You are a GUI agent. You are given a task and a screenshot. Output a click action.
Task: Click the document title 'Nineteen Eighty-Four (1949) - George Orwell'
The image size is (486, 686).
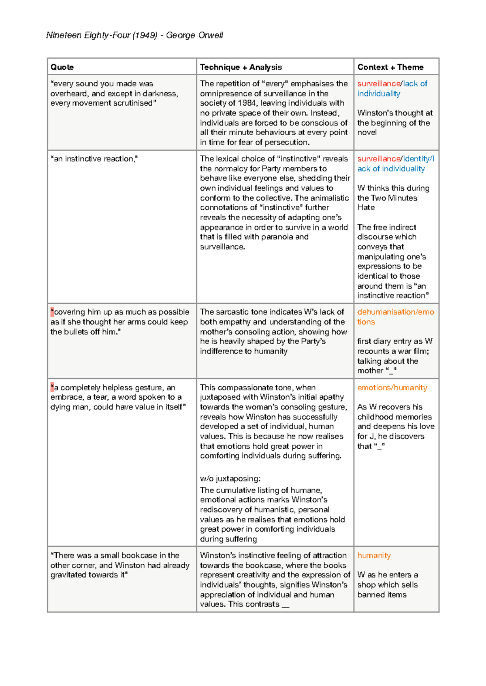[x=134, y=35]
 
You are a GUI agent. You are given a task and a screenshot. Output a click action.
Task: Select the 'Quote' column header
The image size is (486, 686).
[x=62, y=67]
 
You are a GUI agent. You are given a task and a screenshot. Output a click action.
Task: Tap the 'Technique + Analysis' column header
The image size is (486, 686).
[x=241, y=67]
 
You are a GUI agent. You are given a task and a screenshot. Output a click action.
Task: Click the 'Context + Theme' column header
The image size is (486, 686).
[x=390, y=67]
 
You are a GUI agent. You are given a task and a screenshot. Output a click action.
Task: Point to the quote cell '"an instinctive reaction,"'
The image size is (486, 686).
[x=94, y=159]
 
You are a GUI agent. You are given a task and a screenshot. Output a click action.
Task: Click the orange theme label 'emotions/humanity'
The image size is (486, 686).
[x=392, y=388]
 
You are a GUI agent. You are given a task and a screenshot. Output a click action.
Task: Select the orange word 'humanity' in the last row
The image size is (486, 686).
[x=374, y=556]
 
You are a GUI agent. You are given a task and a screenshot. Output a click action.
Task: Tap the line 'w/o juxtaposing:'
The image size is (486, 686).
[x=230, y=479]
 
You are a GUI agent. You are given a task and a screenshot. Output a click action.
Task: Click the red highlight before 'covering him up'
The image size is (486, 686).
[x=52, y=312]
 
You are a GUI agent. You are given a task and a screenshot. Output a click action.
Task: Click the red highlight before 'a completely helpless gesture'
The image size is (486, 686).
[x=52, y=388]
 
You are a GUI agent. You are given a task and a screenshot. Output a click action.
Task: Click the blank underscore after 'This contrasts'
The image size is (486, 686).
[x=285, y=605]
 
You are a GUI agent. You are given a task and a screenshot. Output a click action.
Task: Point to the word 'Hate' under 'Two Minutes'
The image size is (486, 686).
[x=366, y=207]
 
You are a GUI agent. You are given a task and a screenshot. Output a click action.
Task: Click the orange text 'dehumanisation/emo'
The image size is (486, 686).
[x=395, y=312]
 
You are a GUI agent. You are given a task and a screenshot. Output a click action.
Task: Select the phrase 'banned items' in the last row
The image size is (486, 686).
[x=382, y=595]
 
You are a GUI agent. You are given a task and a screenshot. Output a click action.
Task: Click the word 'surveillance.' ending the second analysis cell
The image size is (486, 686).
[x=222, y=247]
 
